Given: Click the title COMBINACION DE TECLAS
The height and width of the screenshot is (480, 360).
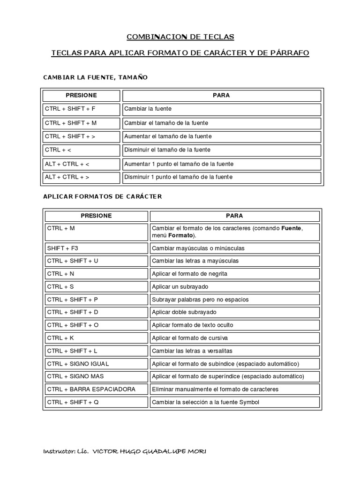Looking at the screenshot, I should (x=180, y=37).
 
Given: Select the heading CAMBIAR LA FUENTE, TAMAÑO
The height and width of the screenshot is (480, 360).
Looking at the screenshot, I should (x=95, y=77).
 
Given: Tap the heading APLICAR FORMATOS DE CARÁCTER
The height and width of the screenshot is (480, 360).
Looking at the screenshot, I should (x=102, y=196).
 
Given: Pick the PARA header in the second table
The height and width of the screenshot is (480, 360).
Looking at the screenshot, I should (x=234, y=216).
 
